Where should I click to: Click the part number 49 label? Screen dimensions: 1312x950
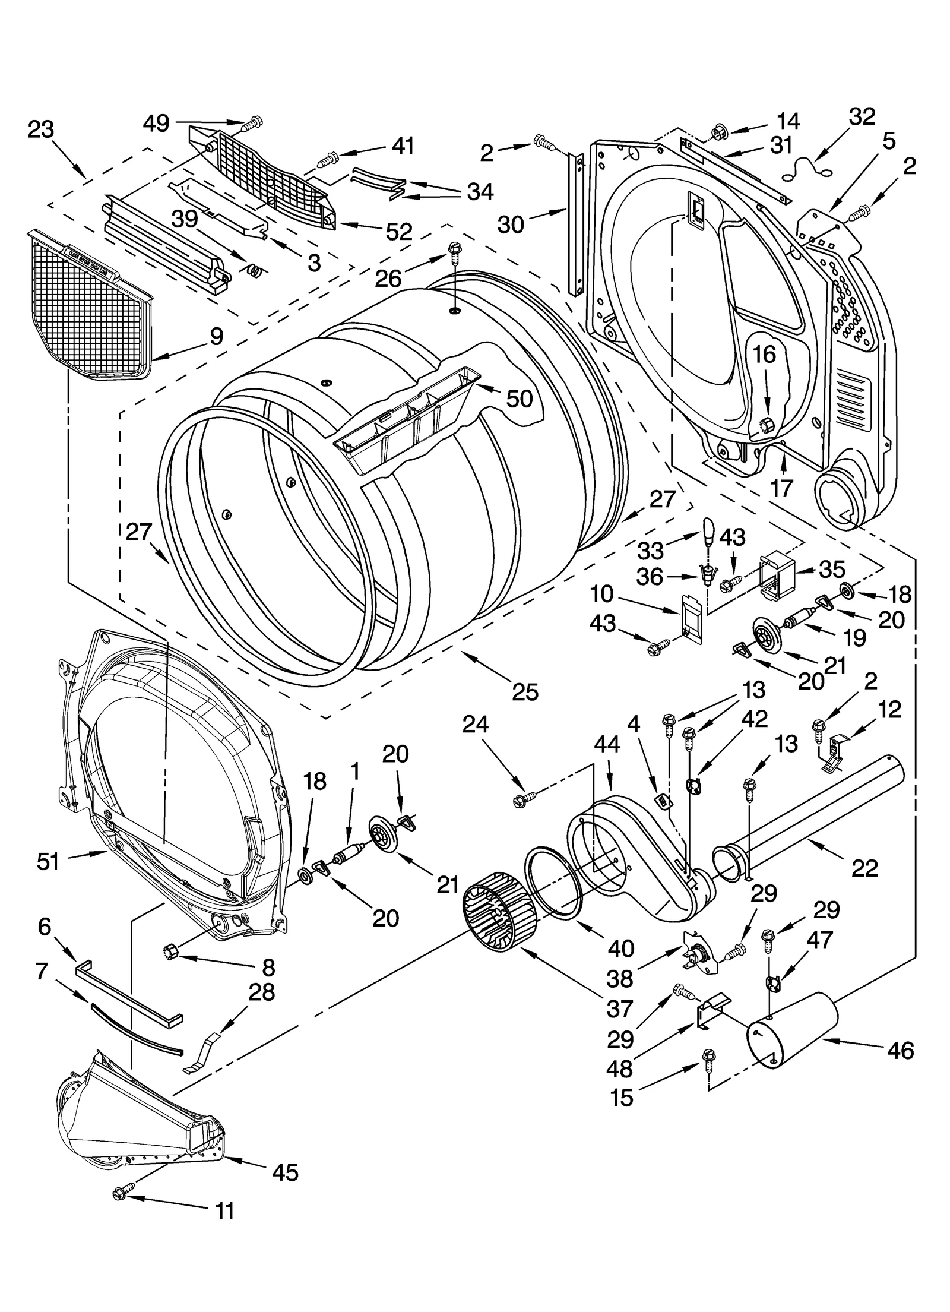tap(156, 124)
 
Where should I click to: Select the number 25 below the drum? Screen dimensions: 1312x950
tap(525, 691)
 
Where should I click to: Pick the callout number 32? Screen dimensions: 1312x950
tap(862, 117)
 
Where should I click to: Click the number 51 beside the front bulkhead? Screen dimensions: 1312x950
tap(48, 861)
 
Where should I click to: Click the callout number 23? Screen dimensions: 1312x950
tap(41, 129)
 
